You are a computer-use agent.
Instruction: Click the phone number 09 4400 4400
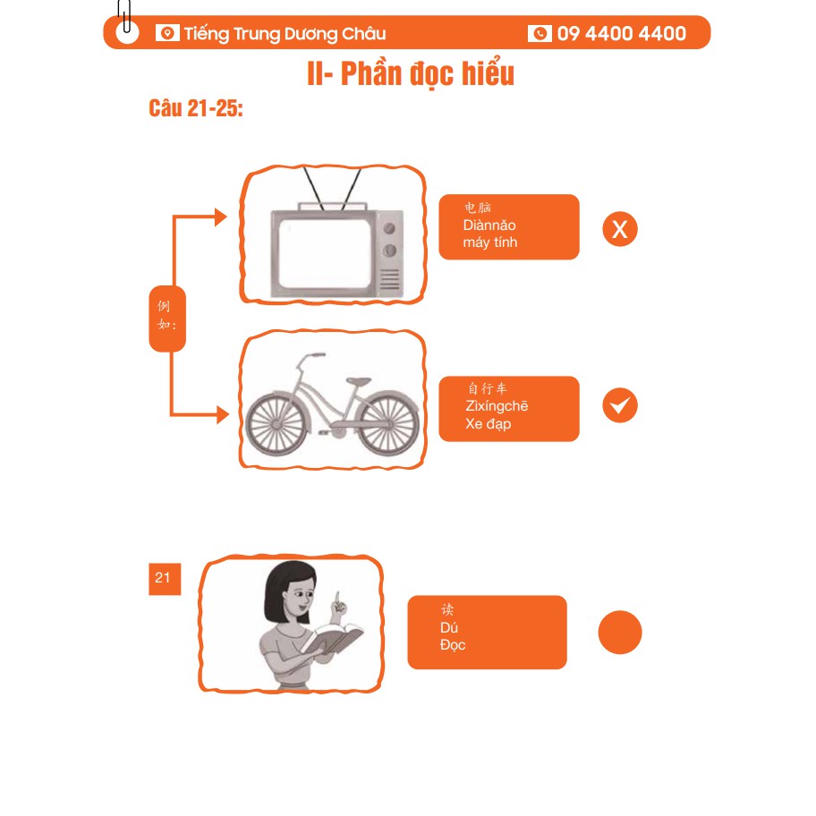point(621,33)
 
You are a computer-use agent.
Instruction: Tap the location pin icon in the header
point(167,33)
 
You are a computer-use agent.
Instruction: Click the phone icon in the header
point(540,33)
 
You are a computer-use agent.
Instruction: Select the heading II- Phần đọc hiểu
point(411,74)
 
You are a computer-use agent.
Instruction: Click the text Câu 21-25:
point(196,108)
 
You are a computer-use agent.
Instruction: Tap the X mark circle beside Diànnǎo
point(620,229)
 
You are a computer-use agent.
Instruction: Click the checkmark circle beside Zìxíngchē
point(620,405)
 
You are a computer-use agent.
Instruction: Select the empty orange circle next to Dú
point(620,633)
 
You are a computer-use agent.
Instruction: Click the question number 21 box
point(165,579)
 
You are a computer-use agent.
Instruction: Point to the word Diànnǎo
point(489,225)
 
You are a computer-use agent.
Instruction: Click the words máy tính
point(489,242)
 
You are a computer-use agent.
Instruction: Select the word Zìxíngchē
point(497,406)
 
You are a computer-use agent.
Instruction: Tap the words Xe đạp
point(489,424)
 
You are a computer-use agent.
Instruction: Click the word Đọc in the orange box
point(452,645)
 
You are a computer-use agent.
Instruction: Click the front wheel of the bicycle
point(276,424)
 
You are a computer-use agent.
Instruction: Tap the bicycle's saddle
point(359,382)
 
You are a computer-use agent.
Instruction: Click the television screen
point(324,253)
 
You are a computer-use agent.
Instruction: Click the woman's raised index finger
point(337,599)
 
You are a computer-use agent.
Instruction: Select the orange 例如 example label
point(167,319)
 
